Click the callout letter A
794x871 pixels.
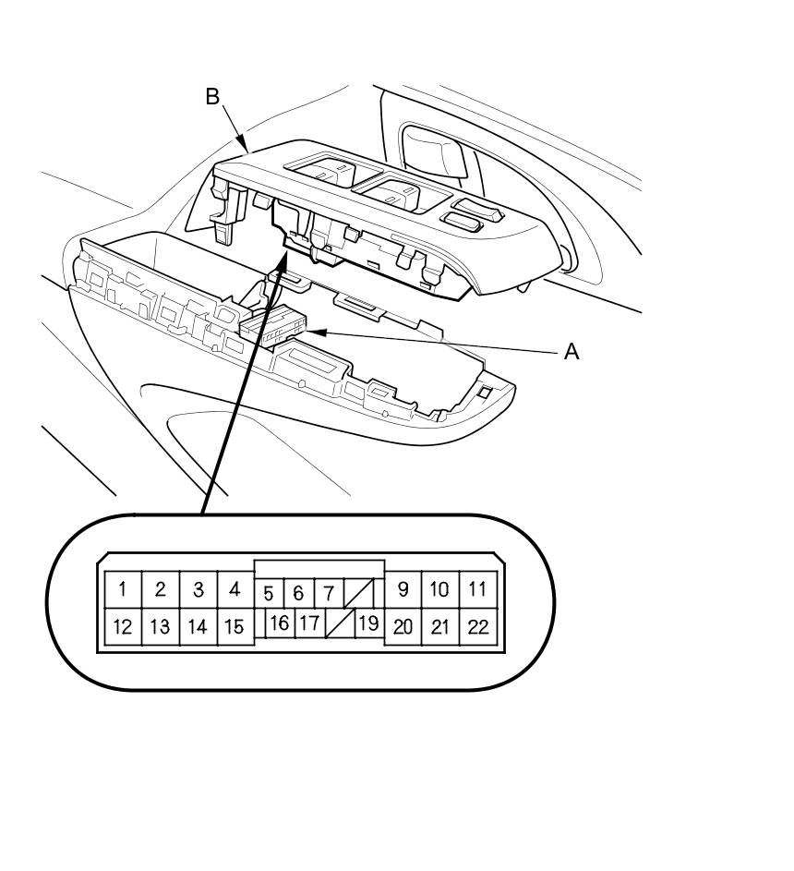571,351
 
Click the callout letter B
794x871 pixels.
212,96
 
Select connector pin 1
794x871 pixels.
122,588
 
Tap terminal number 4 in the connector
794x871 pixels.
235,588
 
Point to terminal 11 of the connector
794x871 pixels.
477,588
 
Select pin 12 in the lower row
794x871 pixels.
122,627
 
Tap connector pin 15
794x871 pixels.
235,627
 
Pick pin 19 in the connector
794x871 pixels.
367,623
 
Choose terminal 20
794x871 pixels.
403,627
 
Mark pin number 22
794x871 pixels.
477,627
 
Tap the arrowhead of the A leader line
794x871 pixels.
314,332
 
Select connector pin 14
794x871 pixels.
198,627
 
